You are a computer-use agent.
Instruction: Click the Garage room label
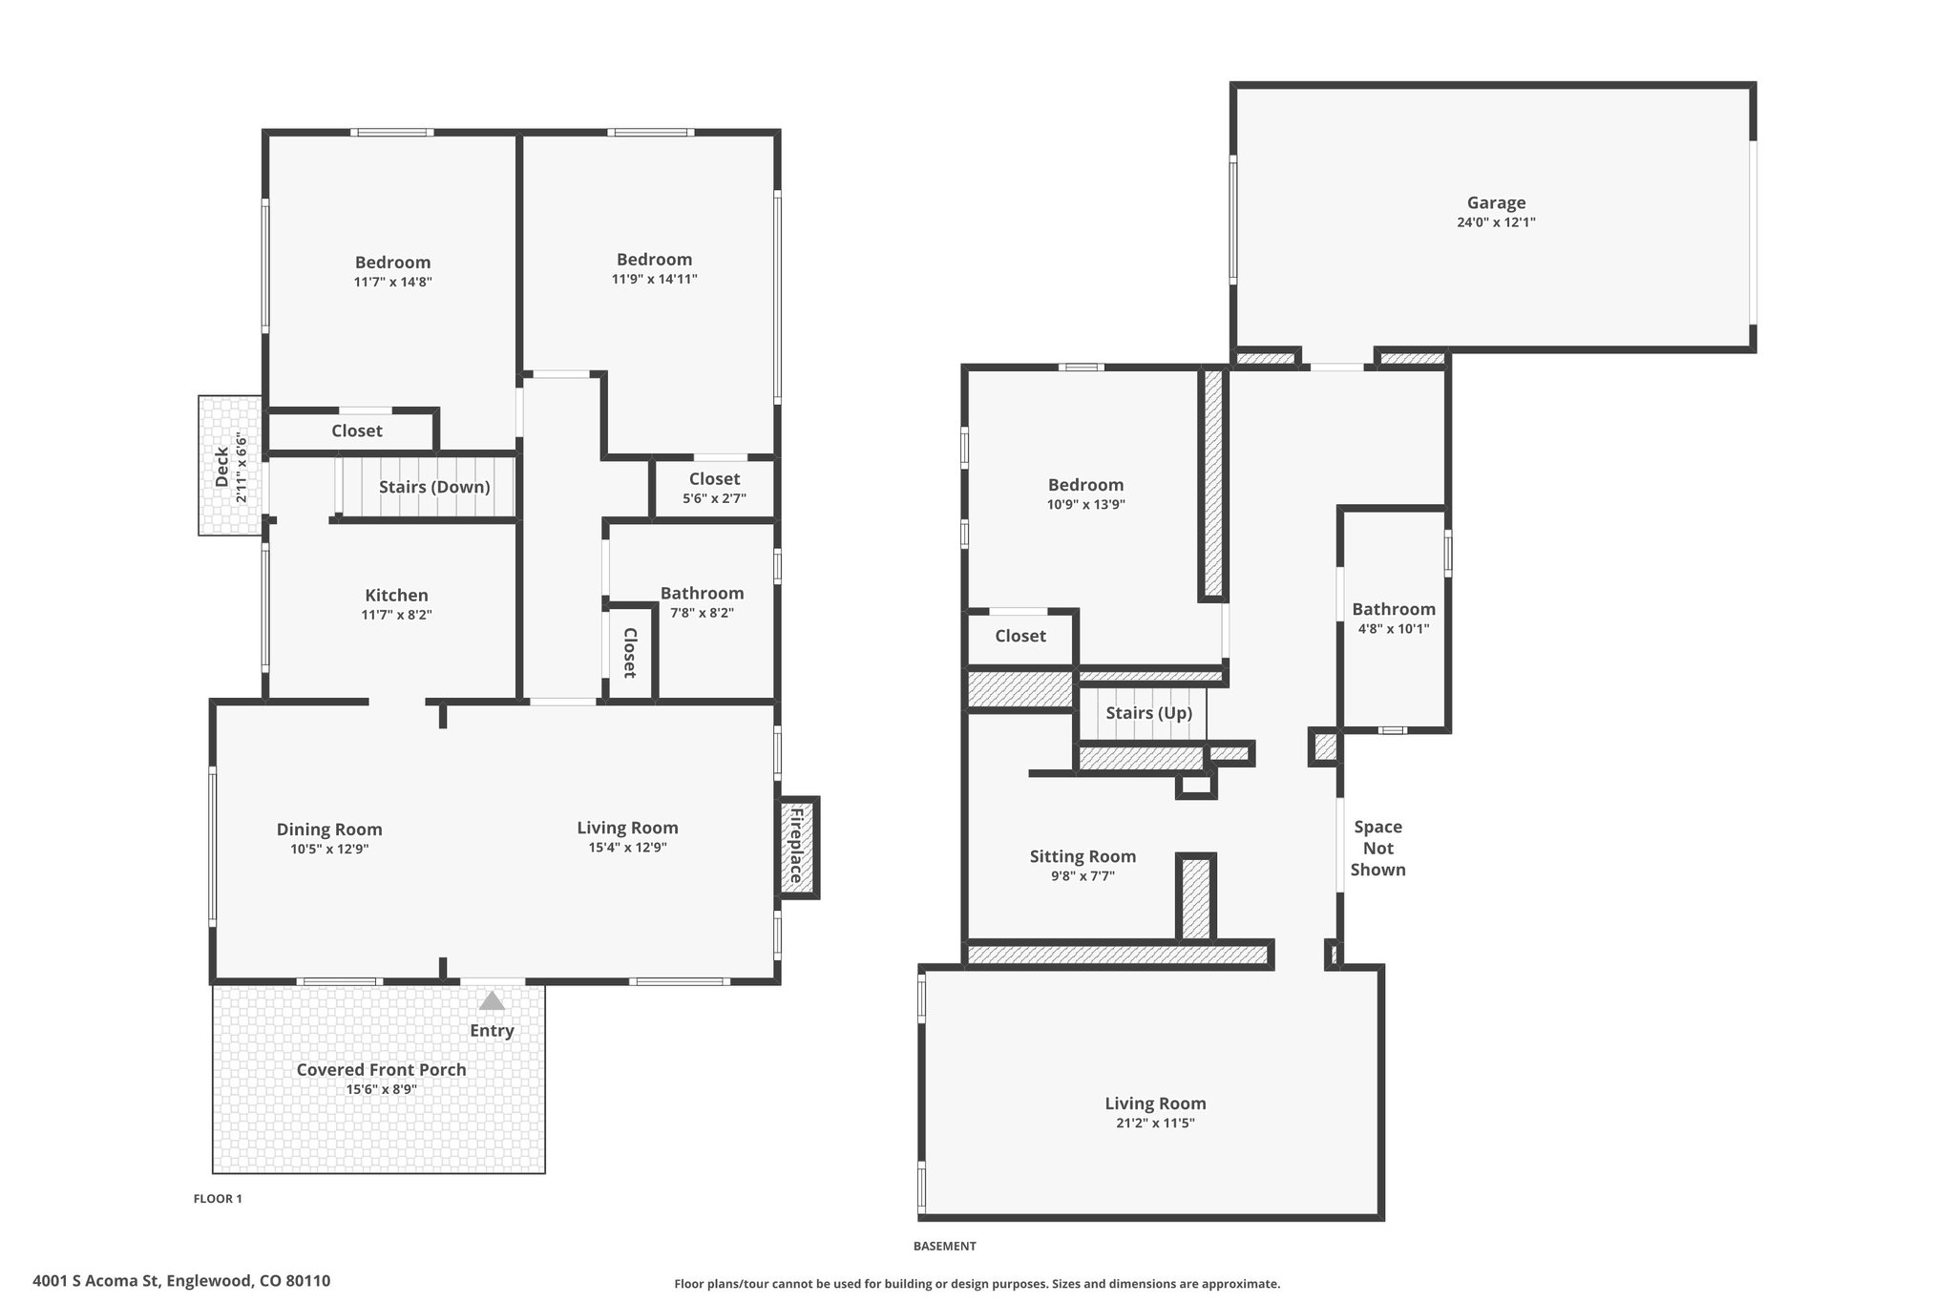pyautogui.click(x=1496, y=203)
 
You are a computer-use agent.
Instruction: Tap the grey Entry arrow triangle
pyautogui.click(x=492, y=1000)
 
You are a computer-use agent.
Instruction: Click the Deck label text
pyautogui.click(x=221, y=467)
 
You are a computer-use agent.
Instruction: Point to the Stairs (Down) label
pyautogui.click(x=434, y=487)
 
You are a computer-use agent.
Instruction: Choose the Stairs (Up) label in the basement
pyautogui.click(x=1149, y=713)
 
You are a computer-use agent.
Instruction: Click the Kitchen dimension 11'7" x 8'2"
pyautogui.click(x=396, y=616)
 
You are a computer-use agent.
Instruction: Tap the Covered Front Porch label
pyautogui.click(x=382, y=1069)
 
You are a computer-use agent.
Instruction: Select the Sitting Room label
pyautogui.click(x=1083, y=856)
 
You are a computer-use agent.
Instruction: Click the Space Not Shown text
pyautogui.click(x=1377, y=848)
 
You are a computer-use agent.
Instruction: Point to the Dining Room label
pyautogui.click(x=329, y=830)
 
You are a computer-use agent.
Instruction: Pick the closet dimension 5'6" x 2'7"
pyautogui.click(x=714, y=498)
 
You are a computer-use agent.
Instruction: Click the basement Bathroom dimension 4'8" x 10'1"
pyautogui.click(x=1394, y=629)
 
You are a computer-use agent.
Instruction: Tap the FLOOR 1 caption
pyautogui.click(x=218, y=1199)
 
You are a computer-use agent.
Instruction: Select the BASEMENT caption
pyautogui.click(x=944, y=1246)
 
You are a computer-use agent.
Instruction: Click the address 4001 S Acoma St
pyautogui.click(x=99, y=1281)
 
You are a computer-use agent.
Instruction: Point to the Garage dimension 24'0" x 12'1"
pyautogui.click(x=1496, y=222)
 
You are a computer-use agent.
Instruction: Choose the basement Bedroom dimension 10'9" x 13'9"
pyautogui.click(x=1085, y=505)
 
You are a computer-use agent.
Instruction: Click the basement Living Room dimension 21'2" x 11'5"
pyautogui.click(x=1155, y=1124)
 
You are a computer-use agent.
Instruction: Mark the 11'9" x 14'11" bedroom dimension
pyautogui.click(x=654, y=280)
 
